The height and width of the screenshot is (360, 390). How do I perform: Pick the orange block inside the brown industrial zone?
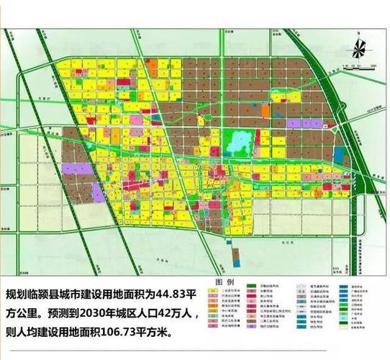(x=267, y=112)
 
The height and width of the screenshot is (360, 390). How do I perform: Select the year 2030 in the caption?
(x=90, y=314)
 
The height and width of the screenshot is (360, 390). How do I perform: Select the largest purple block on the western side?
(x=78, y=170)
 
